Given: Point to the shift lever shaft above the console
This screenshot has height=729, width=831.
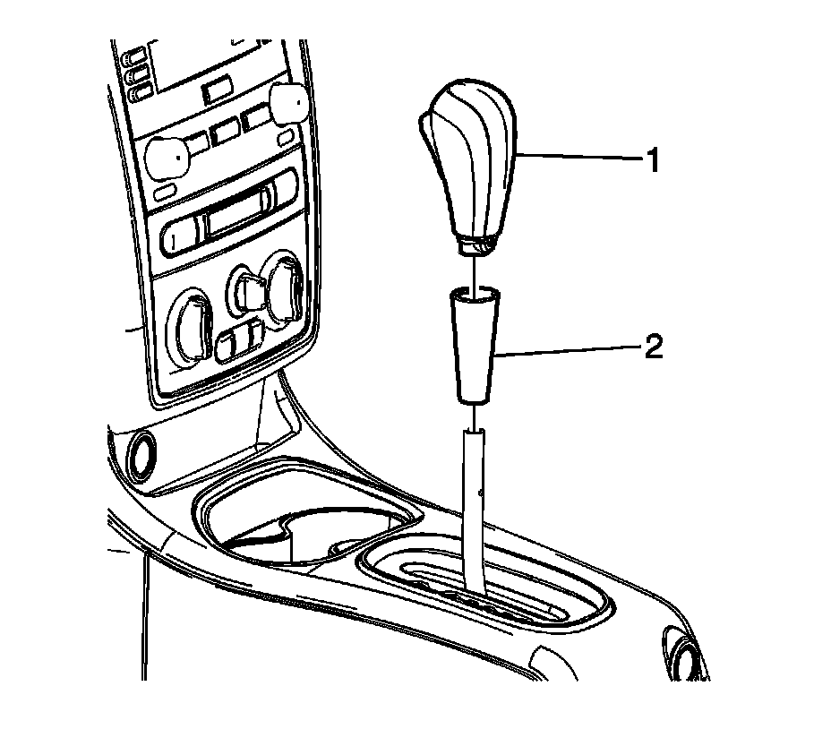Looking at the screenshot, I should tap(475, 502).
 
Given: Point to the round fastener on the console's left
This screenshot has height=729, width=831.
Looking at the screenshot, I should tap(140, 457).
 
